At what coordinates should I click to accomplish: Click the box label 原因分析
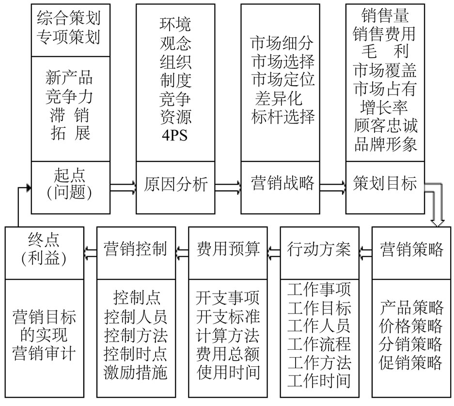pyautogui.click(x=176, y=185)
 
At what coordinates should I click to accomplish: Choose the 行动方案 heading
pyautogui.click(x=319, y=250)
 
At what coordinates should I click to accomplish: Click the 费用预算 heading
pyautogui.click(x=228, y=250)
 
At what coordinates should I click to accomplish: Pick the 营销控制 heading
pyautogui.click(x=136, y=250)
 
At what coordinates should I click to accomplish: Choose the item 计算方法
pyautogui.click(x=228, y=335)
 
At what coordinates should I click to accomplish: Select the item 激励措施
pyautogui.click(x=136, y=373)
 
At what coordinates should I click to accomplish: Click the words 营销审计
pyautogui.click(x=44, y=353)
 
